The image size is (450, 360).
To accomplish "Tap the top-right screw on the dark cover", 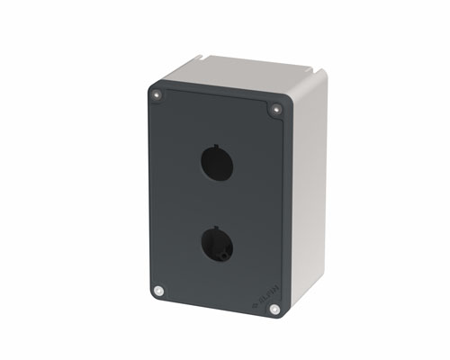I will tap(276, 109).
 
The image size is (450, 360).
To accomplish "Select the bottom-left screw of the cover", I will tap(158, 291).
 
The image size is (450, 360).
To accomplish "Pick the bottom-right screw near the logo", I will tap(274, 309).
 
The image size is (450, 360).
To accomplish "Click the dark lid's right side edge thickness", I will tap(288, 207).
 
